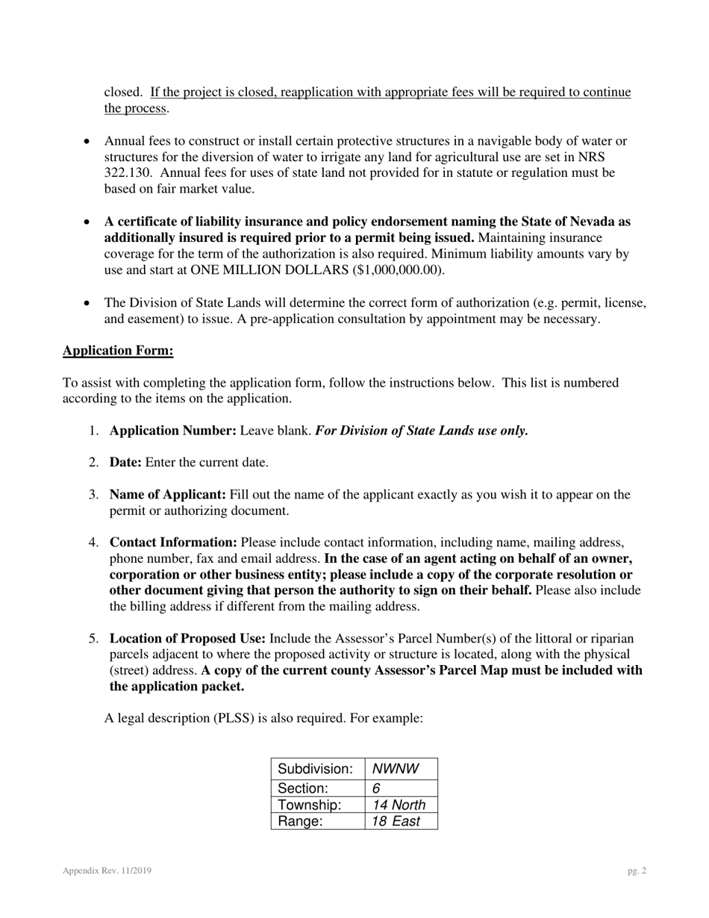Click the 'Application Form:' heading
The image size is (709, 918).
coord(118,351)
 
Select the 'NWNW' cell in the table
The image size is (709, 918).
coord(396,769)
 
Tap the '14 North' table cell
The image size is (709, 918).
coord(399,805)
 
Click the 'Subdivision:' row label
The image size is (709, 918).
coord(315,769)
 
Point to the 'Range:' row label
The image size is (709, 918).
coord(300,821)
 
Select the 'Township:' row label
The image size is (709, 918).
coord(309,805)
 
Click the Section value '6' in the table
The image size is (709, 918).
coord(376,787)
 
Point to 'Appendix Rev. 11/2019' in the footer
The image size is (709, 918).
coord(107,870)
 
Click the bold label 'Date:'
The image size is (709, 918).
coord(125,463)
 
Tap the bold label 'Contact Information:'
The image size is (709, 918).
coord(173,543)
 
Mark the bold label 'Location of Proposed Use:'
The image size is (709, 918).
coord(187,639)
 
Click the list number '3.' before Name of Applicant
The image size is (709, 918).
coord(93,495)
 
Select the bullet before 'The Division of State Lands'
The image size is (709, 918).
coord(88,303)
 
